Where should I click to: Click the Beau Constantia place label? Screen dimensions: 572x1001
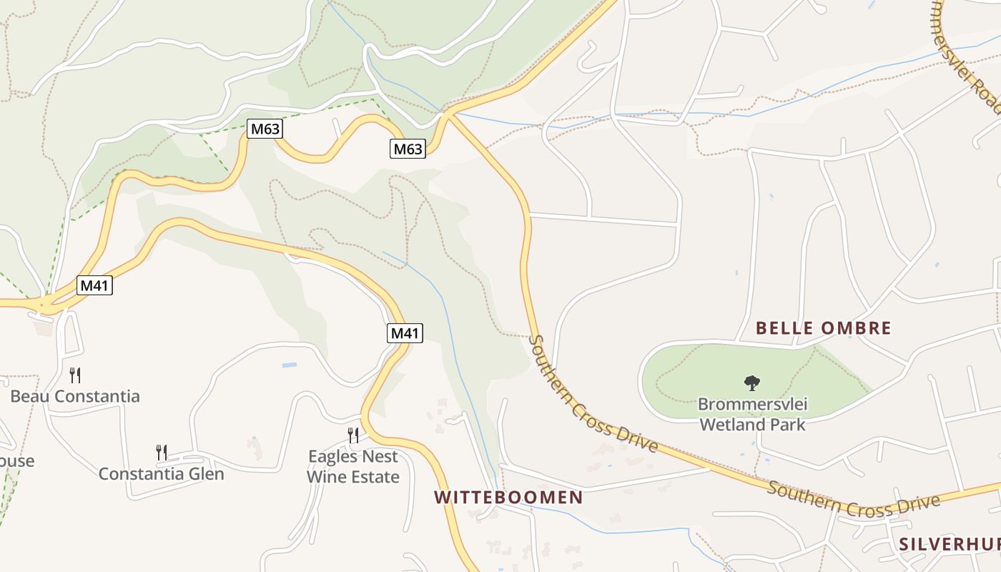pyautogui.click(x=75, y=396)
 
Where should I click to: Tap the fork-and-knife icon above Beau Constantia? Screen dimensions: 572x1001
pyautogui.click(x=75, y=375)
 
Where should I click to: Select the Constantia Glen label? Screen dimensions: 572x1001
pyautogui.click(x=161, y=474)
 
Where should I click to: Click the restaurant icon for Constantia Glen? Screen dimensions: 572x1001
pyautogui.click(x=162, y=452)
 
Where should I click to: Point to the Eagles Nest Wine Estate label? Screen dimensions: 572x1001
pyautogui.click(x=352, y=466)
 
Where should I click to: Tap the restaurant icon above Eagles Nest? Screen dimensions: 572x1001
pyautogui.click(x=352, y=435)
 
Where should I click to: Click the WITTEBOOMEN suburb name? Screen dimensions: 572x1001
pyautogui.click(x=508, y=498)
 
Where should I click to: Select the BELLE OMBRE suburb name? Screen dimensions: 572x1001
pyautogui.click(x=824, y=328)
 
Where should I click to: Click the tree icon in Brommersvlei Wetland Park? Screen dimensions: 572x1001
pyautogui.click(x=751, y=383)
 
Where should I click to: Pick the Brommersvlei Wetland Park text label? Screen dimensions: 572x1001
pyautogui.click(x=752, y=415)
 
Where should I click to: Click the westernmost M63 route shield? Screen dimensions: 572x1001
pyautogui.click(x=265, y=129)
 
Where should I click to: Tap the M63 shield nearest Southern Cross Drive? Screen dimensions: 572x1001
pyautogui.click(x=408, y=149)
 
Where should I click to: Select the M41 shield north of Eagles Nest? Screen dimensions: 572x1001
pyautogui.click(x=405, y=332)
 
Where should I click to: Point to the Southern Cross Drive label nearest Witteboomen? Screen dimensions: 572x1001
pyautogui.click(x=592, y=393)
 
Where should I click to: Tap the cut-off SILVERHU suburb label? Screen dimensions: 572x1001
pyautogui.click(x=950, y=543)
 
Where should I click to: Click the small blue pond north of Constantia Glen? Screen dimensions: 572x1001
pyautogui.click(x=289, y=365)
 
